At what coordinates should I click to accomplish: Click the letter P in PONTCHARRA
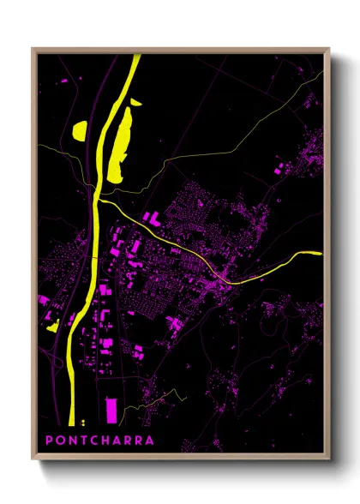pos(50,441)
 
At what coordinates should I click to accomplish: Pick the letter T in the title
pos(84,441)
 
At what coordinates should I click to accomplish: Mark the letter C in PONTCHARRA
pos(94,441)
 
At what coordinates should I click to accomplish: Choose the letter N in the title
pos(73,441)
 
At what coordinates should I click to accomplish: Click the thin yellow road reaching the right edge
pos(300,255)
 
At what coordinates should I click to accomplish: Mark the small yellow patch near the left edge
pos(52,327)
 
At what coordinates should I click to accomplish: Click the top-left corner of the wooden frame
pos(33,49)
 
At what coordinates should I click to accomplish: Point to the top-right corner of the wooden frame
pos(328,49)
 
